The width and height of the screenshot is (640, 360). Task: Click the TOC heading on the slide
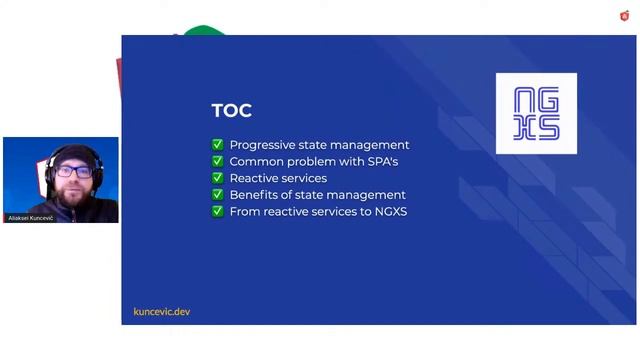pyautogui.click(x=231, y=111)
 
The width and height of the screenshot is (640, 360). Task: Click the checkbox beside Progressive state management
pyautogui.click(x=217, y=145)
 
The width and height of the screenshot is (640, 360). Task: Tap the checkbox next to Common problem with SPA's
pyautogui.click(x=217, y=161)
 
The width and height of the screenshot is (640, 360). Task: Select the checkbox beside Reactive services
pyautogui.click(x=217, y=178)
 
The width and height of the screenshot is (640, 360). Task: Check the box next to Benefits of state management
pyautogui.click(x=217, y=195)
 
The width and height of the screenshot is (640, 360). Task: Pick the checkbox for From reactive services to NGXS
pyautogui.click(x=217, y=212)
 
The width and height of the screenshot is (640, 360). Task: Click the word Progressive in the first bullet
pyautogui.click(x=261, y=145)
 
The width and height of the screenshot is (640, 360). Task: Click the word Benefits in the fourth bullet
pyautogui.click(x=253, y=195)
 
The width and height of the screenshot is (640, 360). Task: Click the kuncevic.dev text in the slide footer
pyautogui.click(x=161, y=312)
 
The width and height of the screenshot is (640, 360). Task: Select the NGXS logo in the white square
pyautogui.click(x=536, y=113)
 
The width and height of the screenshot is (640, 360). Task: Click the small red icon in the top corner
pyautogui.click(x=625, y=15)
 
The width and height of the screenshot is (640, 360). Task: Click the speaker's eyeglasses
pyautogui.click(x=72, y=172)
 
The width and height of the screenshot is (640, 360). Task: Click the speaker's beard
pyautogui.click(x=71, y=193)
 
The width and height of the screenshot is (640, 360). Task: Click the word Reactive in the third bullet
pyautogui.click(x=255, y=178)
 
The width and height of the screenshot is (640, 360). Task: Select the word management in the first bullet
pyautogui.click(x=371, y=145)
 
